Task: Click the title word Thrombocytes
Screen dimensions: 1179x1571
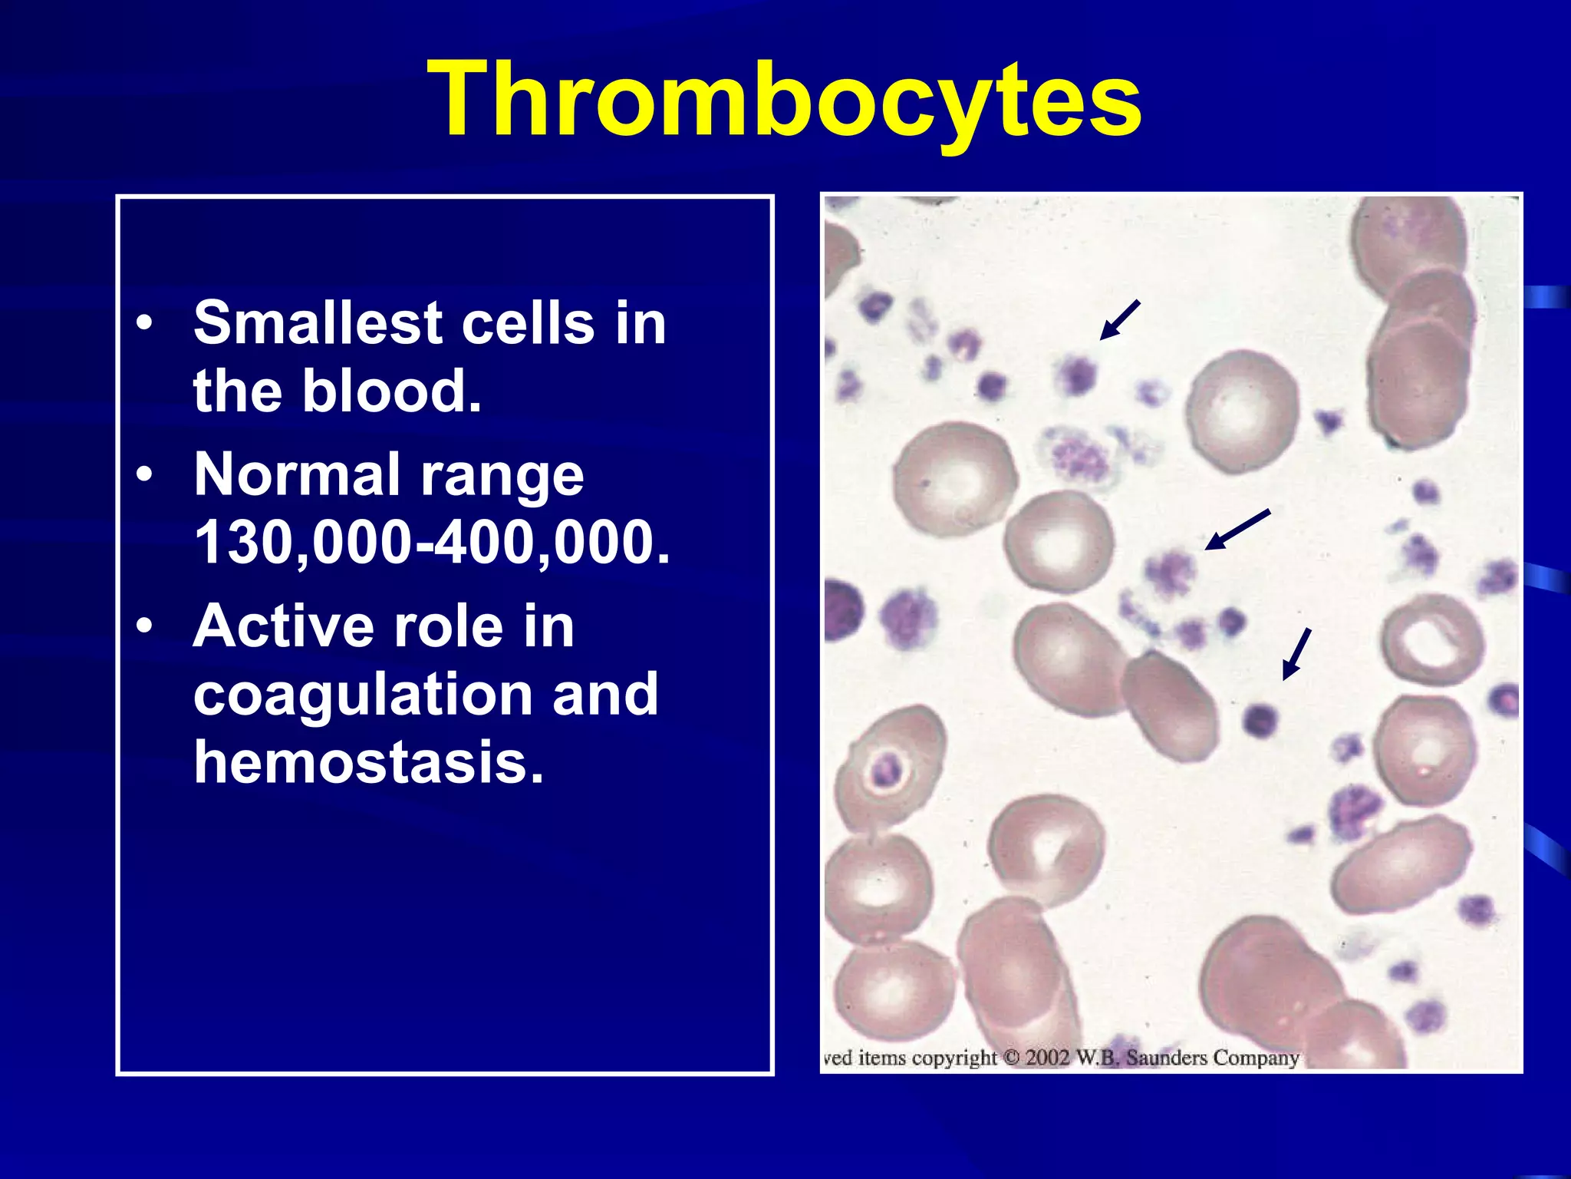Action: click(x=785, y=100)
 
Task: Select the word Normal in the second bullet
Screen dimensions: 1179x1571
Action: click(x=296, y=474)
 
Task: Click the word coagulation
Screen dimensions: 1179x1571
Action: click(x=364, y=694)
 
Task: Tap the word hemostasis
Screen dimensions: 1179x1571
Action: click(x=368, y=761)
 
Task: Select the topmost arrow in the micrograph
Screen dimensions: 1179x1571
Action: click(x=1120, y=319)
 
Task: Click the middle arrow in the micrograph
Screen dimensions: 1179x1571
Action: click(x=1237, y=530)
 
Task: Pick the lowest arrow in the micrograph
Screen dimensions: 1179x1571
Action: click(x=1297, y=654)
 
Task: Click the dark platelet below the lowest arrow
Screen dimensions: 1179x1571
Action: click(x=1259, y=720)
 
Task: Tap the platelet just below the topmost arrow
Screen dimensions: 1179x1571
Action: click(x=1078, y=374)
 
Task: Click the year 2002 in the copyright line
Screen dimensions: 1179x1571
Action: click(x=1047, y=1058)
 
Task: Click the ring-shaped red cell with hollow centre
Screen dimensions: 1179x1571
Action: click(x=1431, y=639)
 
